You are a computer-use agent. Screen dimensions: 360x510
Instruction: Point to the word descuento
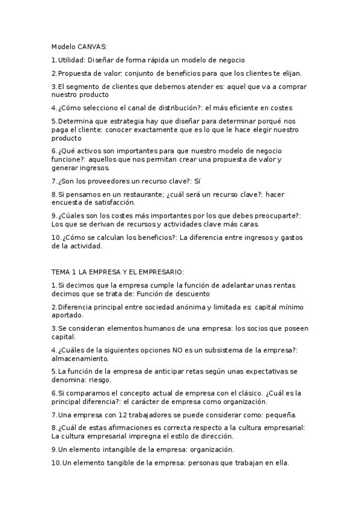(189, 293)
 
